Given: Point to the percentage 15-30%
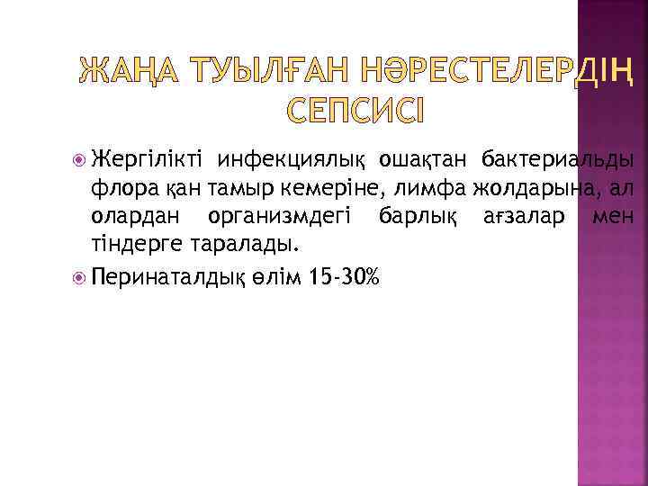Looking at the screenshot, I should click(x=344, y=274).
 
